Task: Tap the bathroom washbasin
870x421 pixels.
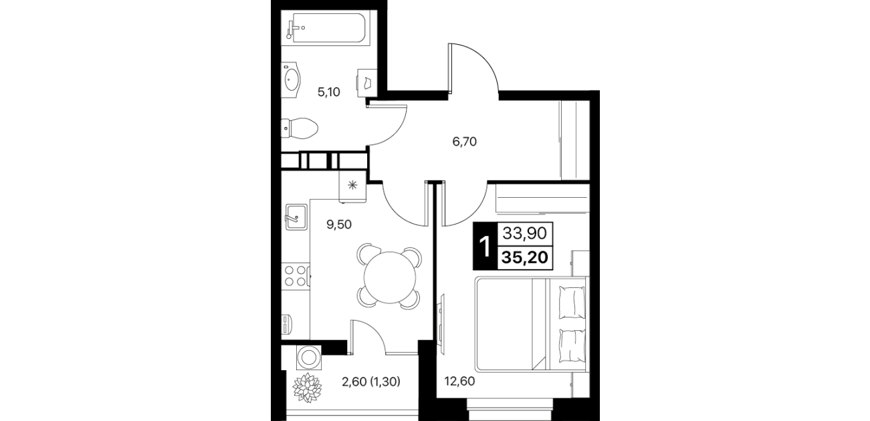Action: (x=292, y=80)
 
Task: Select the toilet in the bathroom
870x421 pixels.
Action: (x=300, y=128)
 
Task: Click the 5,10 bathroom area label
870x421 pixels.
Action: (x=329, y=92)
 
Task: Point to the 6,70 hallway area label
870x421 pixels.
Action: (x=465, y=142)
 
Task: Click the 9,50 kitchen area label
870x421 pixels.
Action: (x=339, y=225)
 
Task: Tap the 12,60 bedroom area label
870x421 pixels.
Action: (x=459, y=382)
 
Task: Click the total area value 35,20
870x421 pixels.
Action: (x=525, y=257)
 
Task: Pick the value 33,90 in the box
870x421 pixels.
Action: (x=525, y=233)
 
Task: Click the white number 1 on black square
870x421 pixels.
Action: (x=484, y=247)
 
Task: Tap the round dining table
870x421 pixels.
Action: (x=390, y=277)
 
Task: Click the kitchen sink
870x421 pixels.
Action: (x=296, y=217)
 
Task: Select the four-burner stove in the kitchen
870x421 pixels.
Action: (x=296, y=275)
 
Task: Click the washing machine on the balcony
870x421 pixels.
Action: (x=309, y=358)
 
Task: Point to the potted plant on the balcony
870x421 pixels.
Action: (x=307, y=388)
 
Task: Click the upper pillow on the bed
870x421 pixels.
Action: (x=572, y=303)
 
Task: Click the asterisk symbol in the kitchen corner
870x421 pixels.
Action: (x=352, y=185)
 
